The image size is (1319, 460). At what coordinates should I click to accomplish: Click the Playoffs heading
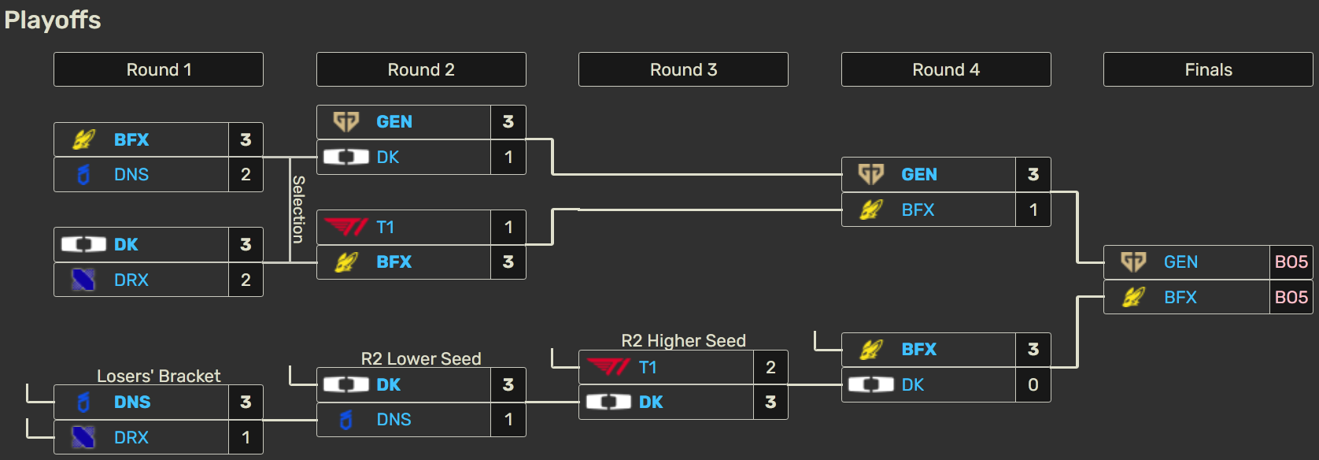point(53,20)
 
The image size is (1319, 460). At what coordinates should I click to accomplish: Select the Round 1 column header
point(158,69)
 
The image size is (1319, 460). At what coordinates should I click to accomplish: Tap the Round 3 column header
point(683,69)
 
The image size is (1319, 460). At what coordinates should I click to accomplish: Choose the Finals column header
point(1208,69)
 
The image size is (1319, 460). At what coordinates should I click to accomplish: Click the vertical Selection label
point(298,209)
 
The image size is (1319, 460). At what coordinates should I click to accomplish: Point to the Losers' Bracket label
point(158,376)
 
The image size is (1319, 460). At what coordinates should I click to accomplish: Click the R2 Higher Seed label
point(683,340)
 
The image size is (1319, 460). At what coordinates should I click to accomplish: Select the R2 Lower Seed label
point(421,358)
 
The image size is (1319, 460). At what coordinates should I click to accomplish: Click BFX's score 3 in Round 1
point(246,139)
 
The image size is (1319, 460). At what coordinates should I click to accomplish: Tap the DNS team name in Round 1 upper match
point(131,174)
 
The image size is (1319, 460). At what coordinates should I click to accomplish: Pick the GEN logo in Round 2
point(346,121)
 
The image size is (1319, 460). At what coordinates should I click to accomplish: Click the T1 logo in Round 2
point(345,227)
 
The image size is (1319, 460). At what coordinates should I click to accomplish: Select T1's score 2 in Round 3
point(770,367)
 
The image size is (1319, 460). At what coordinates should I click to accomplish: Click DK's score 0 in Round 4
point(1033,384)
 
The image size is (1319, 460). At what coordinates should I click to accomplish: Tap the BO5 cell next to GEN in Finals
point(1291,262)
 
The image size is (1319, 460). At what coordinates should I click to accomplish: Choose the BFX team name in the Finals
point(1180,297)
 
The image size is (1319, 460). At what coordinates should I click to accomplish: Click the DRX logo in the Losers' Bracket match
point(83,437)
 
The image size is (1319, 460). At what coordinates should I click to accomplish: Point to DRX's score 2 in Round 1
point(246,280)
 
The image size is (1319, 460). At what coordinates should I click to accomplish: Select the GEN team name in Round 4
point(918,174)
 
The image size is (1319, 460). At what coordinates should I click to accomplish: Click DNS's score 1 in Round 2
point(508,419)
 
